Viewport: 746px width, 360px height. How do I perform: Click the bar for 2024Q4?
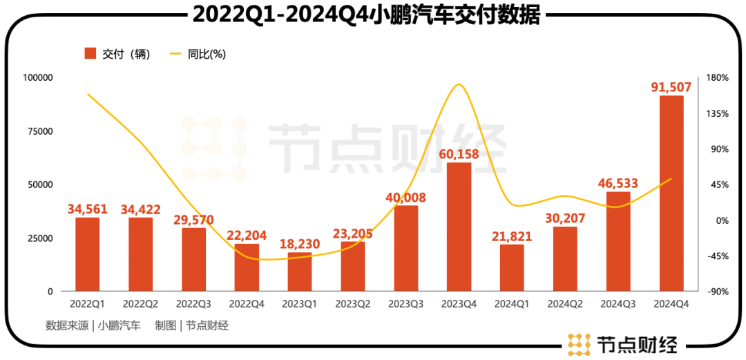pos(671,193)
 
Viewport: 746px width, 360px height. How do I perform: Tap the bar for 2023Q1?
pos(300,272)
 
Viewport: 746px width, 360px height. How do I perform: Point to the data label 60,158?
pos(459,153)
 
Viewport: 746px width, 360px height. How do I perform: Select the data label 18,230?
pos(300,244)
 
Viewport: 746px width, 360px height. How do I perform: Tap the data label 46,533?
pos(618,183)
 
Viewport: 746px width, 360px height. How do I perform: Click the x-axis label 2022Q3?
pos(194,303)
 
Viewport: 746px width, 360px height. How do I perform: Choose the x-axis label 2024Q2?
pos(565,303)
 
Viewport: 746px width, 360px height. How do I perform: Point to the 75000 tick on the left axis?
pos(39,131)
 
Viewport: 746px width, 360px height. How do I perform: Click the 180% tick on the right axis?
pos(718,78)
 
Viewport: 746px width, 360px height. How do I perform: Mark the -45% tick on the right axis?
pos(718,256)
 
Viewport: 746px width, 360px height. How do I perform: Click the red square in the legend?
pos(90,54)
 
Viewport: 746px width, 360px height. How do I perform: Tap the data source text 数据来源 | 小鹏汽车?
pos(93,326)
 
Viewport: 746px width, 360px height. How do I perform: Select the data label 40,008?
pos(405,198)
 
